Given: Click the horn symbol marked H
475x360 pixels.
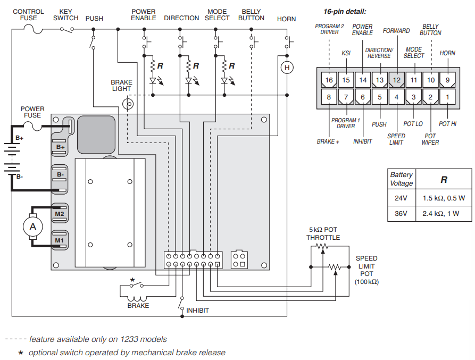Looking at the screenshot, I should click(x=287, y=68).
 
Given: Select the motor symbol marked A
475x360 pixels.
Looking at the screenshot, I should click(x=32, y=226).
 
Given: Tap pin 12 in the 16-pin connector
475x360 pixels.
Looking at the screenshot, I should click(x=397, y=80).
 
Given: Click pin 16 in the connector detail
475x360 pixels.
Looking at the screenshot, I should click(x=329, y=80).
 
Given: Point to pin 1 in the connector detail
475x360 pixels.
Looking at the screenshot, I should click(x=447, y=97).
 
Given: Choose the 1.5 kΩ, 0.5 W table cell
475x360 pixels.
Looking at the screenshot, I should click(x=444, y=198).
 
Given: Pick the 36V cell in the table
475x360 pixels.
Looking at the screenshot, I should click(x=401, y=214).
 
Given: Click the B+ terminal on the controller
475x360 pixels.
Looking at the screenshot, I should click(x=60, y=147).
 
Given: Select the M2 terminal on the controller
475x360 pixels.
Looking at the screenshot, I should click(x=60, y=214).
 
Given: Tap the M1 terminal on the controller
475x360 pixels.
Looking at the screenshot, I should click(x=60, y=241).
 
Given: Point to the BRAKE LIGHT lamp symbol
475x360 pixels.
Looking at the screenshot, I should click(x=128, y=104).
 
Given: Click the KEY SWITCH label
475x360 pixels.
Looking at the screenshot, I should click(x=65, y=14).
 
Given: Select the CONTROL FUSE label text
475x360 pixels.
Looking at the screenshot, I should click(x=28, y=14).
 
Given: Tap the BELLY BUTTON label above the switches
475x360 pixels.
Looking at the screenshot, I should click(x=251, y=14).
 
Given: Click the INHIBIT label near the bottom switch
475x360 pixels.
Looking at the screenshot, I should click(x=197, y=311).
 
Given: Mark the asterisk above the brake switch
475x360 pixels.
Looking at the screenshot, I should click(x=132, y=280).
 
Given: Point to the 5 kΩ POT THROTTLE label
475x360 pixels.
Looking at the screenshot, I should click(x=323, y=233).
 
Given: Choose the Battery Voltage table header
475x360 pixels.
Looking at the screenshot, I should click(x=401, y=179).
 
